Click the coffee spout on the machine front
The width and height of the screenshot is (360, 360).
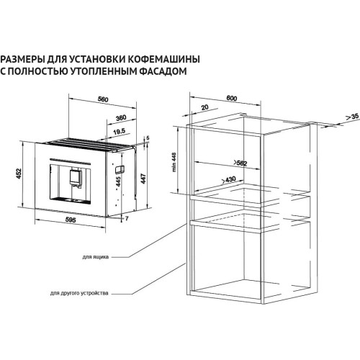pyautogui.click(x=75, y=175)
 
